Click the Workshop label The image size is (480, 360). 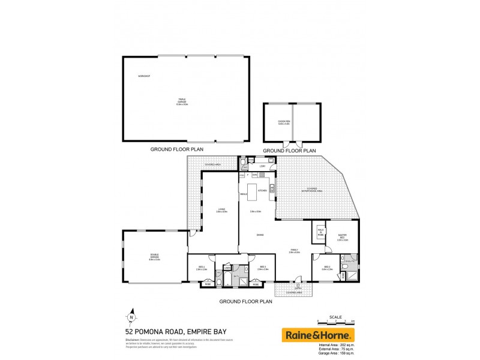point(143,76)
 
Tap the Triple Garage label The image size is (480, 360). point(182,101)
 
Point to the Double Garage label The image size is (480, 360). point(155,258)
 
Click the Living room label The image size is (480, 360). point(221,210)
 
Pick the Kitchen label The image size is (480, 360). point(262,190)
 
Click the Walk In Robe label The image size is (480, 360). point(321,232)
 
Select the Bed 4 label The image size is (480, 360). point(202,268)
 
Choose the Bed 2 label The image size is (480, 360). point(326,268)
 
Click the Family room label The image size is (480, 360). point(294,251)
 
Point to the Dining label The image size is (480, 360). point(260,235)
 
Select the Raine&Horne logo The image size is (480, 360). point(318,334)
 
